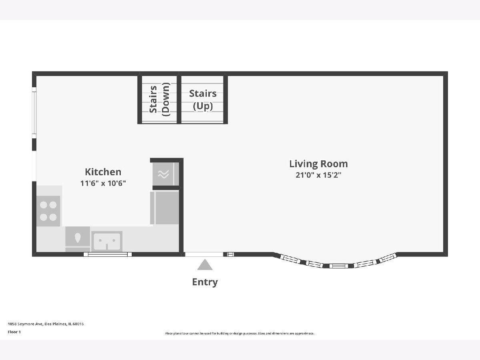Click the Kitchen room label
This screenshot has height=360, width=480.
pos(103,172)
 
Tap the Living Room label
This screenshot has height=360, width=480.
pos(318,164)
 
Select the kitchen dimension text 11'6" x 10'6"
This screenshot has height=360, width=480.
pos(103,183)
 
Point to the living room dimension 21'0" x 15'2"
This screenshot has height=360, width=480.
pos(318,175)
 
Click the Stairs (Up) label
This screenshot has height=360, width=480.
pos(203,100)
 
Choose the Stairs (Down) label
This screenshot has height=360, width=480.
pos(159,100)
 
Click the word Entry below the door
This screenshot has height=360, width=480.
pos(205,282)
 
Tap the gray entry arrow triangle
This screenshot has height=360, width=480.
pos(205,265)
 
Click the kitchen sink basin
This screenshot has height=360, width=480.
pos(107,241)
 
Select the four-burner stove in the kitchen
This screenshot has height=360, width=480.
pos(48,211)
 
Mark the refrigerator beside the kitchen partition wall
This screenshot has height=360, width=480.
pos(164,208)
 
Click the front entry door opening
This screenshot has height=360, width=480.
pos(204,254)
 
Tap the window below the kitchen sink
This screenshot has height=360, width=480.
pos(108,254)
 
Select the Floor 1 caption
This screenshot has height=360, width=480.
pos(14,332)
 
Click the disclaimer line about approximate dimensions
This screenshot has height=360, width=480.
pos(240,333)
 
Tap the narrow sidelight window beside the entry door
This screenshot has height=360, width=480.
pos(230,254)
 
